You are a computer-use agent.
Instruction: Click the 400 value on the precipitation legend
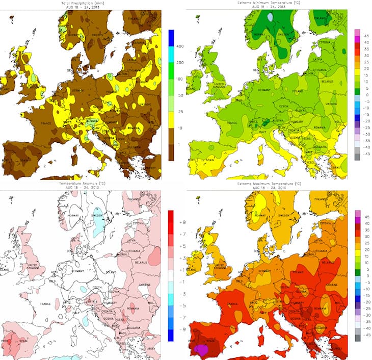179,46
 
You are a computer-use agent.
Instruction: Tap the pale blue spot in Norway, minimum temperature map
270,16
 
